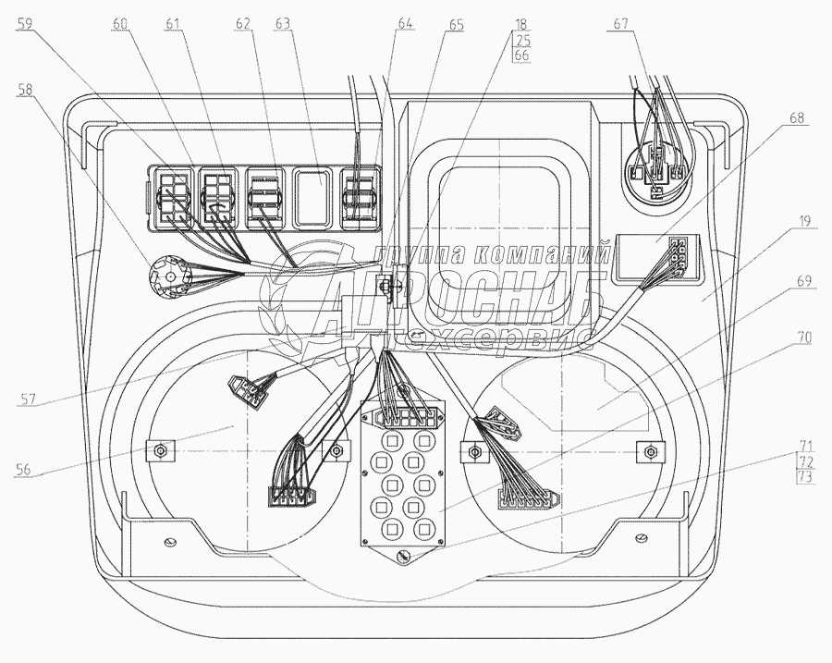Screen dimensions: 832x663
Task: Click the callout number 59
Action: [24, 23]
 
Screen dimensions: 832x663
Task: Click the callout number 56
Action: [23, 469]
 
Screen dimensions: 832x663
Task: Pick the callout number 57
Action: [28, 399]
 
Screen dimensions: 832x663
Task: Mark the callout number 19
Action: [804, 220]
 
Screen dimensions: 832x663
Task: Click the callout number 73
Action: [805, 477]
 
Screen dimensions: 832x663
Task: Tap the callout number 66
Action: [521, 55]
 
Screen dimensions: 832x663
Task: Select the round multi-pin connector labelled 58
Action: [169, 277]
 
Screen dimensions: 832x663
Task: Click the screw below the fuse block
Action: [403, 557]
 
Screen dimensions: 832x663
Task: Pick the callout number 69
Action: [804, 280]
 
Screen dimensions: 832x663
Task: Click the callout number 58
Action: [24, 89]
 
